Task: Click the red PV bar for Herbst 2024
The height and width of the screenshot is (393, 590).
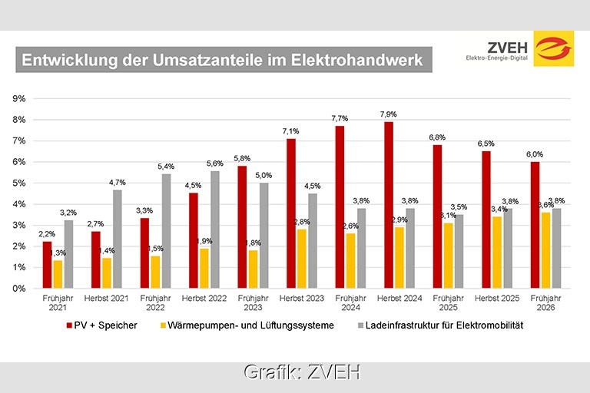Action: point(389,205)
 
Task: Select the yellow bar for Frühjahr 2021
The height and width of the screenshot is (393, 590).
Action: point(58,274)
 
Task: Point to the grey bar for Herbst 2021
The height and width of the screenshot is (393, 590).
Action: point(117,239)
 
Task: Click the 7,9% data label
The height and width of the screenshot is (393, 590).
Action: point(389,114)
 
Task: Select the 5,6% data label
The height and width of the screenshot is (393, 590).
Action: point(214,163)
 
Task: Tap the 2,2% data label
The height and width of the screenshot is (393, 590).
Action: point(46,234)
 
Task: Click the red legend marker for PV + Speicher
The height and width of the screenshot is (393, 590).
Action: point(71,325)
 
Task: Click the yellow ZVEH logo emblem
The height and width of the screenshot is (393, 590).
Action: point(553,48)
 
